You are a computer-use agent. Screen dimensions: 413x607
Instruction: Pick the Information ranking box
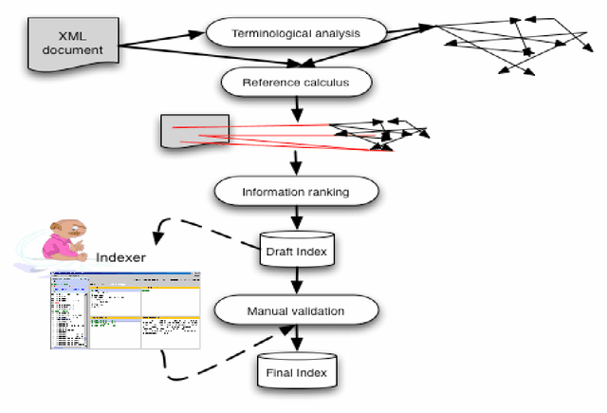click(297, 191)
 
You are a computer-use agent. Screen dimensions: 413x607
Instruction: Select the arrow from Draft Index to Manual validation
click(298, 280)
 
